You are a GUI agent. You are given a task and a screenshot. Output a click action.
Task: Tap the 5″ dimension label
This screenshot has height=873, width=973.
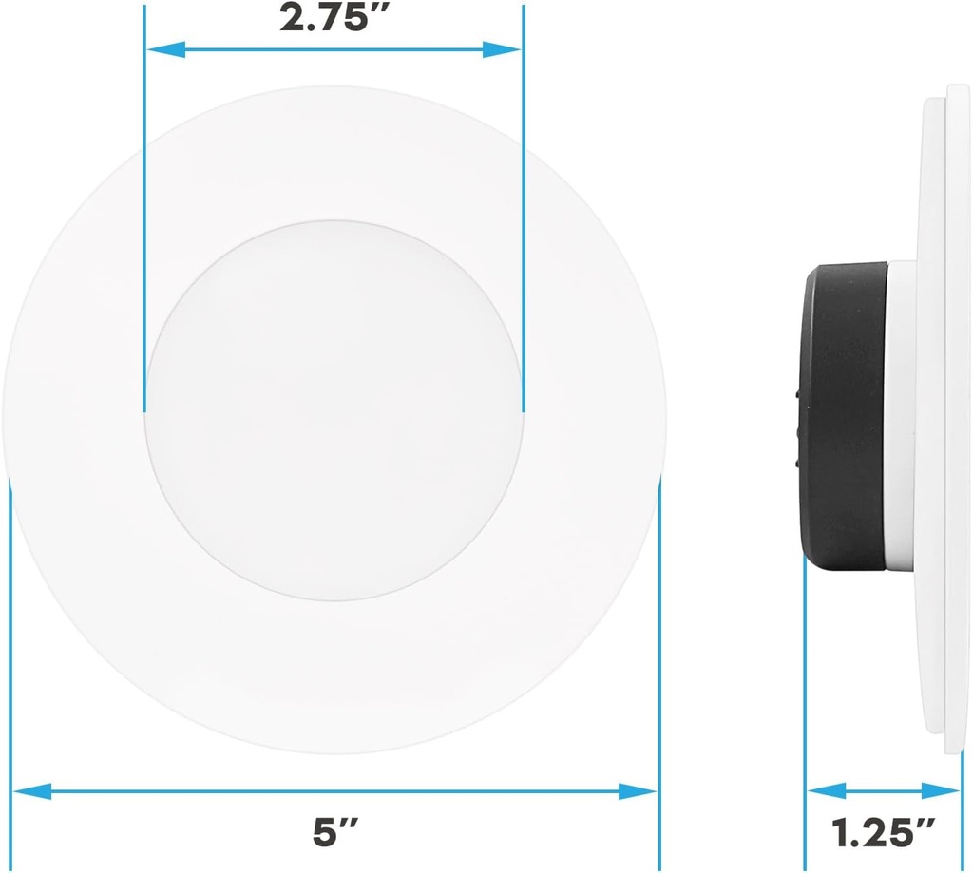pyautogui.click(x=334, y=833)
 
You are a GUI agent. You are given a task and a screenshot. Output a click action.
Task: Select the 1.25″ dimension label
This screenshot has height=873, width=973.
pyautogui.click(x=884, y=833)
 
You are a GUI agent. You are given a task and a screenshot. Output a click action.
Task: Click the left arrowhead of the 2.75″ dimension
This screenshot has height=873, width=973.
pyautogui.click(x=163, y=49)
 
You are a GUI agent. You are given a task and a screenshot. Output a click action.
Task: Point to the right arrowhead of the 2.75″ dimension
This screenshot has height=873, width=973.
pyautogui.click(x=503, y=49)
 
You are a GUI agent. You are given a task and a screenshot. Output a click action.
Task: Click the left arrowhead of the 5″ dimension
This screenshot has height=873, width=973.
pyautogui.click(x=30, y=790)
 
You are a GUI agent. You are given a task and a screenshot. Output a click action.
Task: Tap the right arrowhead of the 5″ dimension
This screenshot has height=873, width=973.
pyautogui.click(x=638, y=790)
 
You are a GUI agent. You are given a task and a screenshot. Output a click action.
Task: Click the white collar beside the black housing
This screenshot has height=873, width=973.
pyautogui.click(x=902, y=418)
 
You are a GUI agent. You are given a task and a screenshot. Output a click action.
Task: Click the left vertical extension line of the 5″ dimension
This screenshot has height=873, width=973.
pyautogui.click(x=10, y=665)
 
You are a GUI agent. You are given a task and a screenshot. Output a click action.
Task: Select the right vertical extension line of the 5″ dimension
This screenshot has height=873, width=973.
pyautogui.click(x=658, y=665)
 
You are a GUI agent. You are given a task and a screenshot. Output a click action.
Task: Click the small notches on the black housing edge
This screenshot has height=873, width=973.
pyautogui.click(x=796, y=427)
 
